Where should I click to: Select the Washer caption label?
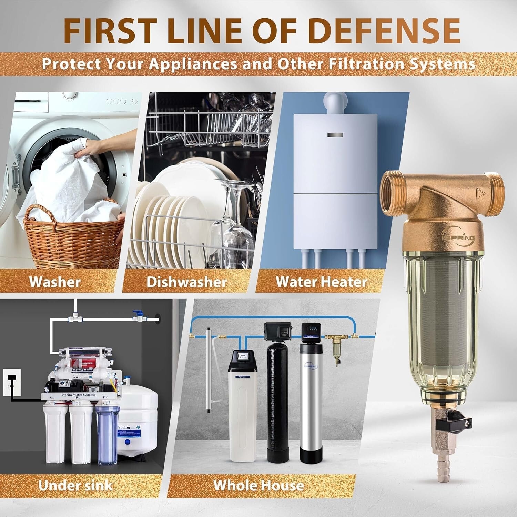(x=55, y=282)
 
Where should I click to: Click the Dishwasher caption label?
(x=186, y=282)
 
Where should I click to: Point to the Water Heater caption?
(x=321, y=282)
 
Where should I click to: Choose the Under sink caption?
(x=75, y=485)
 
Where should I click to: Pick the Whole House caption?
(x=258, y=485)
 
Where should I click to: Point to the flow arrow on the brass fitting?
(x=479, y=193)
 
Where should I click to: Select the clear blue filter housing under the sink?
(x=107, y=434)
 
